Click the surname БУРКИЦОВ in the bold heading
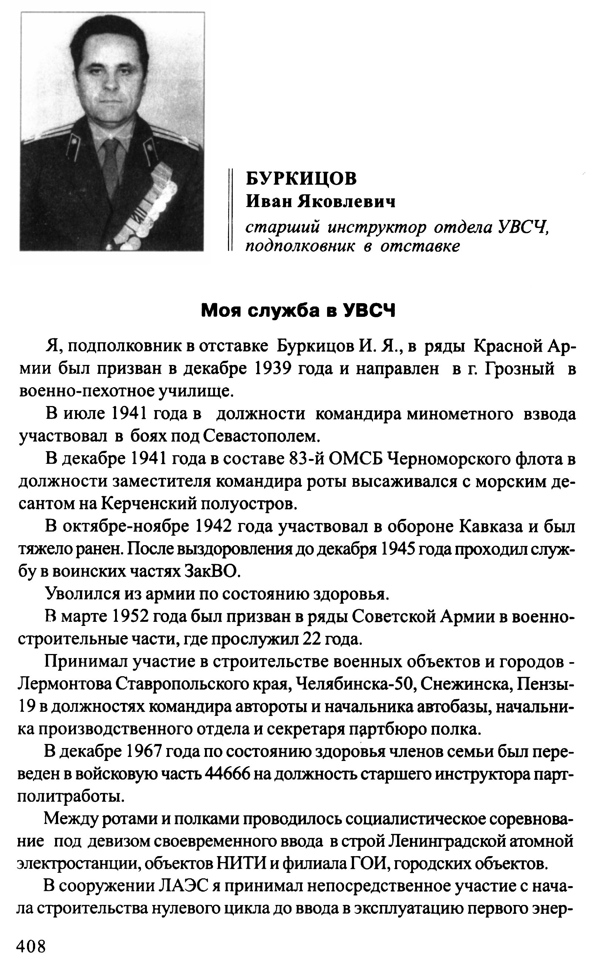click(x=301, y=178)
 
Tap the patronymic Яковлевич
click(x=347, y=202)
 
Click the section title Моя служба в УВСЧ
click(x=298, y=311)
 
